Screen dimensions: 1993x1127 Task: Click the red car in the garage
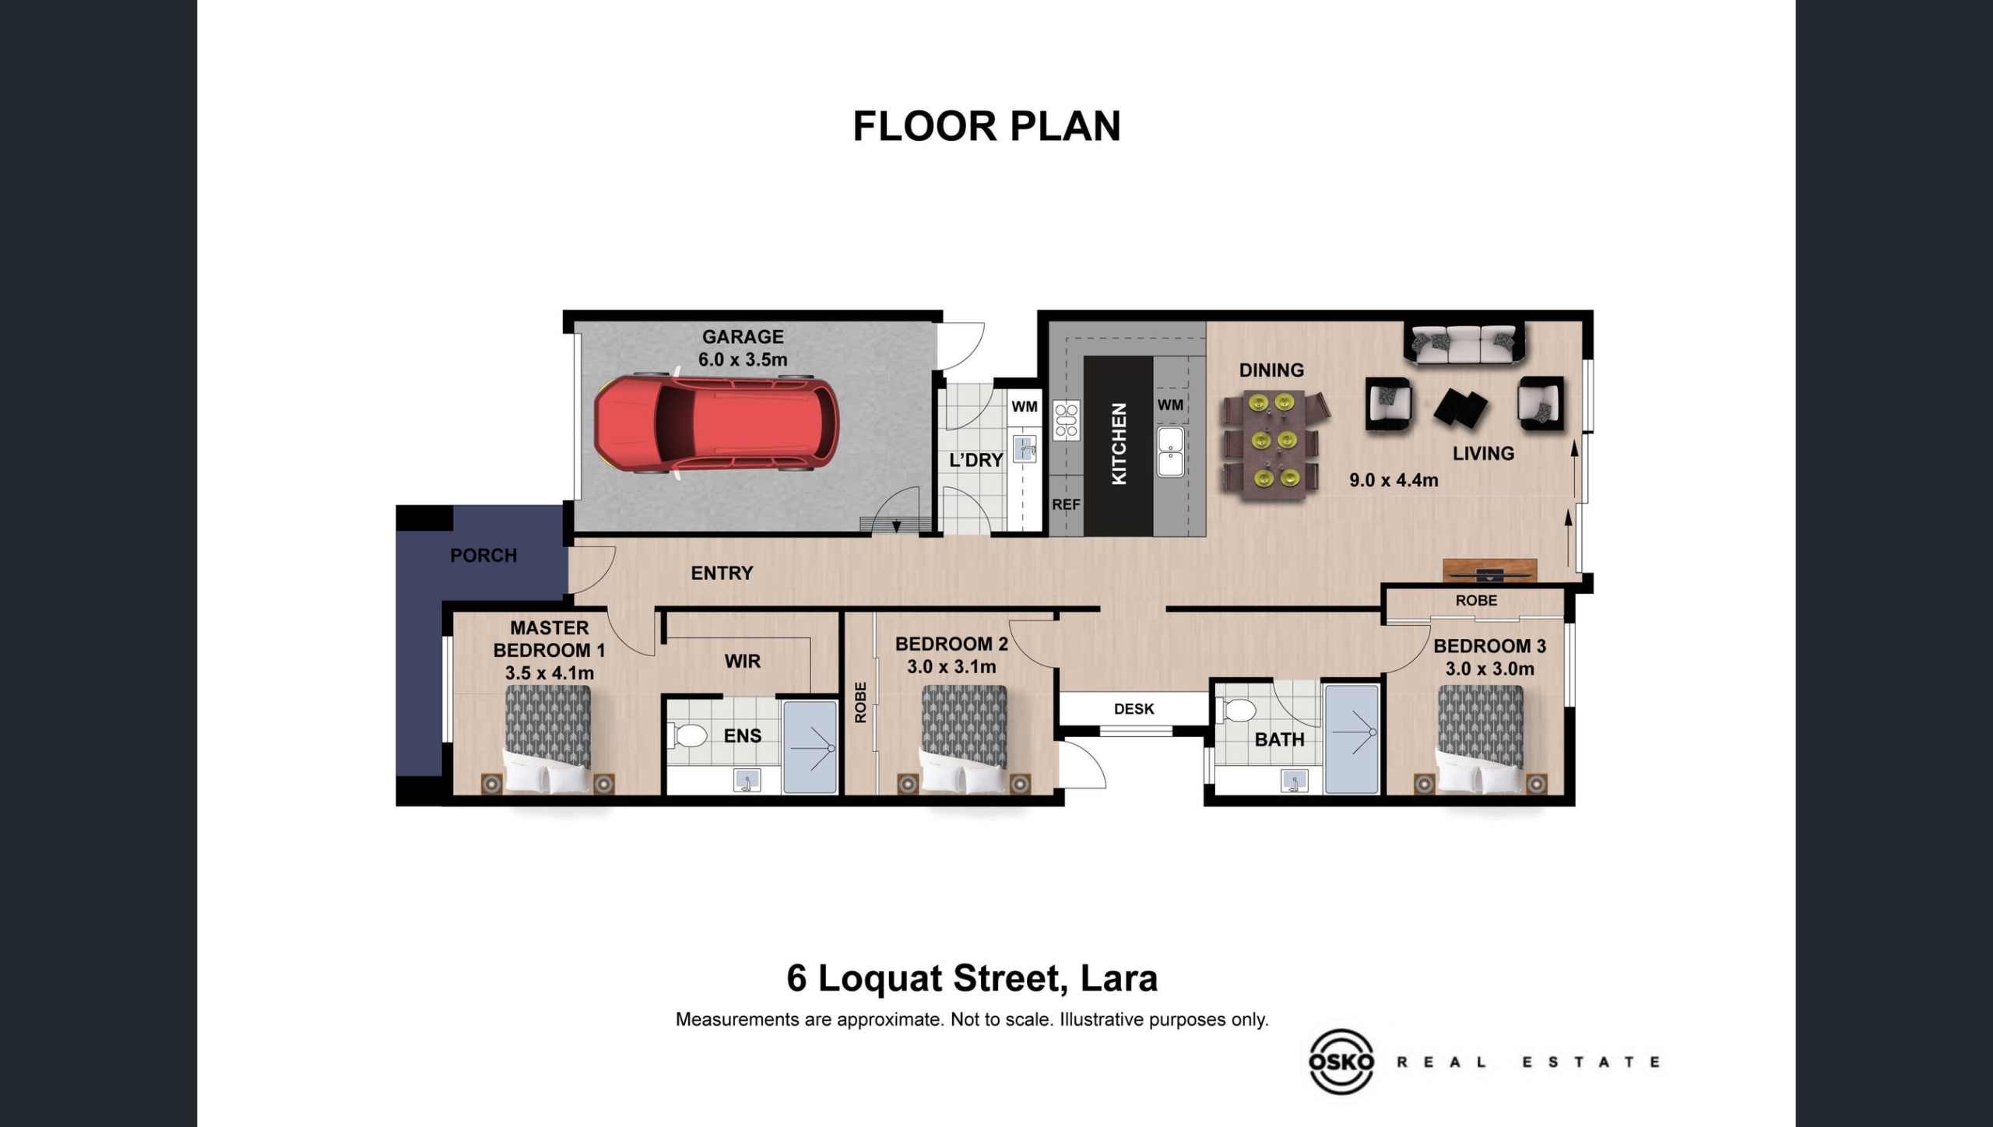716,425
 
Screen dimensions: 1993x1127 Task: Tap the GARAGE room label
743,337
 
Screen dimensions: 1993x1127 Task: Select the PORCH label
483,556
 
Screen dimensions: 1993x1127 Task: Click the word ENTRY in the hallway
722,573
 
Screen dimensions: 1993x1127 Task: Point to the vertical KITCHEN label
1119,444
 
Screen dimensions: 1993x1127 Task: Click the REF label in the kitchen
1066,504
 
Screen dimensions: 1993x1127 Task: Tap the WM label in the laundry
1025,406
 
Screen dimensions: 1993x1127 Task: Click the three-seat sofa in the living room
1464,343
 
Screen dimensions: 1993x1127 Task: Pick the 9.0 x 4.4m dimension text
1394,480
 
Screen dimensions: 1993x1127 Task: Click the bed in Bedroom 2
965,738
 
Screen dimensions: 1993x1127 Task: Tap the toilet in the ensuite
687,735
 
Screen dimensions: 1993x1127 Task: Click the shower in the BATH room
1352,739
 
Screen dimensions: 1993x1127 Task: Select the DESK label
1134,709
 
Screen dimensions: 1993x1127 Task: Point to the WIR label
743,662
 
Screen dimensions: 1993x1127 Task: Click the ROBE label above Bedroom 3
1476,601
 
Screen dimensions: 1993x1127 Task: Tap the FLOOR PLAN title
987,126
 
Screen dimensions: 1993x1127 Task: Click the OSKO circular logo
1341,1061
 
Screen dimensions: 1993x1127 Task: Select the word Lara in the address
1120,978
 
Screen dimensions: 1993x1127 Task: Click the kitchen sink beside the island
1171,451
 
